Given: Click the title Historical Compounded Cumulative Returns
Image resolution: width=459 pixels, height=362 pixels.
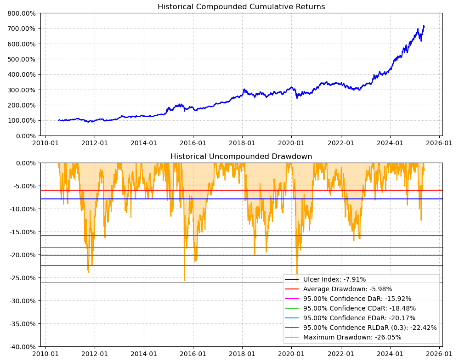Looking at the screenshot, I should click(241, 7).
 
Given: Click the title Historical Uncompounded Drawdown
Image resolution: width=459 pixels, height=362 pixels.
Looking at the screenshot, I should click(241, 157).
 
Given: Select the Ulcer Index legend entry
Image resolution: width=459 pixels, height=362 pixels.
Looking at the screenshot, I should click(334, 279).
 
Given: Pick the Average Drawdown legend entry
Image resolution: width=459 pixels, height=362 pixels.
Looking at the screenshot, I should click(347, 289).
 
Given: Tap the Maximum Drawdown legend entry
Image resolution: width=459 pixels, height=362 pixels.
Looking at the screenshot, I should click(352, 337).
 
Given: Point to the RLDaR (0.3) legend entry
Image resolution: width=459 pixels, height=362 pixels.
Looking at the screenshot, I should click(370, 328).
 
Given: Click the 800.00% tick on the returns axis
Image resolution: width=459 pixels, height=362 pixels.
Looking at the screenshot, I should click(22, 13).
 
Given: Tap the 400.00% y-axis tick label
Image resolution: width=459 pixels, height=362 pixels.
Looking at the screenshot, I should click(22, 74).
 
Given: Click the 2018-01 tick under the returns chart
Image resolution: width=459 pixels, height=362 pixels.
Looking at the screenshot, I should click(242, 143).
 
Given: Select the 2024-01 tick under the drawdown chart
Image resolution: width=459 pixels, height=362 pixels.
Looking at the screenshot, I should click(390, 354).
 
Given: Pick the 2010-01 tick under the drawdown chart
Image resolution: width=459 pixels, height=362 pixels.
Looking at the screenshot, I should click(45, 354).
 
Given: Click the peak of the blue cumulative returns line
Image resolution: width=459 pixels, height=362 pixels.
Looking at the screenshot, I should click(424, 26).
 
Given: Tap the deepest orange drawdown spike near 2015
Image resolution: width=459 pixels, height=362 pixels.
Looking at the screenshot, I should click(184, 280).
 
